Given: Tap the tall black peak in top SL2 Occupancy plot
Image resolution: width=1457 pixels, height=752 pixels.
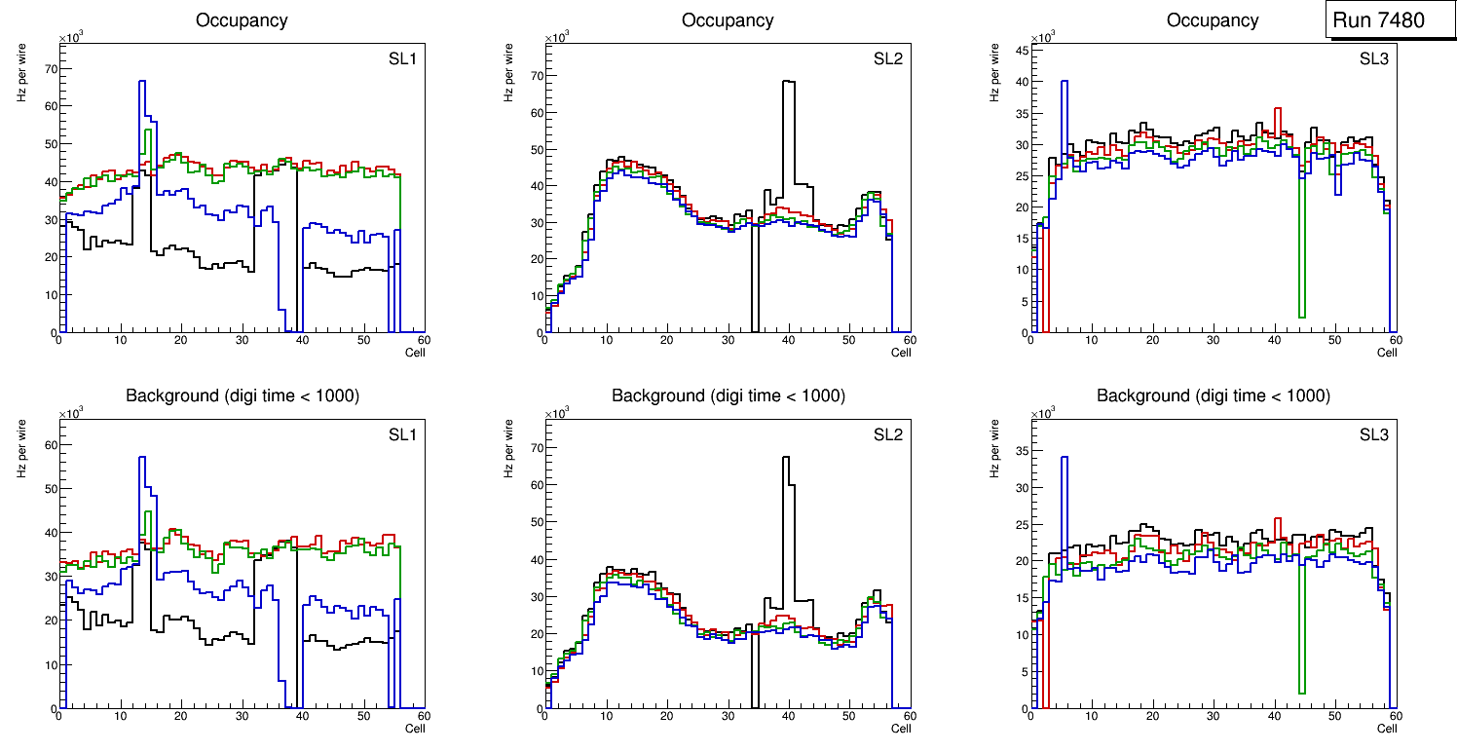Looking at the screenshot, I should click(788, 83).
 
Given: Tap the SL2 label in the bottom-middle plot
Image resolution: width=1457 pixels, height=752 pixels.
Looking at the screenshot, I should click(887, 434).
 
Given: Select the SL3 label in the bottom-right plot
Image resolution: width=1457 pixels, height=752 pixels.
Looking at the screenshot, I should click(1373, 434).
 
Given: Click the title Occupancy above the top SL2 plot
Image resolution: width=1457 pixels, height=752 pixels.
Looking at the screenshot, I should click(728, 20).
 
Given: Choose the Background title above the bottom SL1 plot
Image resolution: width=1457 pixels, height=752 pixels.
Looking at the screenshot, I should click(242, 395).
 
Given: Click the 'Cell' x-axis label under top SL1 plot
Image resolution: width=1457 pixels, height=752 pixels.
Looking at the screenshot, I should click(415, 353).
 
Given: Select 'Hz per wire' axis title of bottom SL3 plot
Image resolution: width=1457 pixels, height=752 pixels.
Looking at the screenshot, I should click(993, 449).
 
